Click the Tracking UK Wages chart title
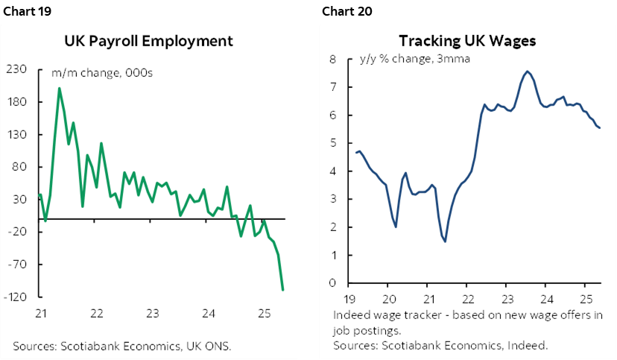[x=467, y=41]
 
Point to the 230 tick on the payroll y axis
[x=16, y=69]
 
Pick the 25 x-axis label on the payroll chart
[x=264, y=313]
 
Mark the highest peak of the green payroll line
[x=60, y=89]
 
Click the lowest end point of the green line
[x=283, y=290]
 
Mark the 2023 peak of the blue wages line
[x=527, y=72]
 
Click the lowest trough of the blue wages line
[x=445, y=241]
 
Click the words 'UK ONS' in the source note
[x=212, y=346]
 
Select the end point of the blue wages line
[x=601, y=128]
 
